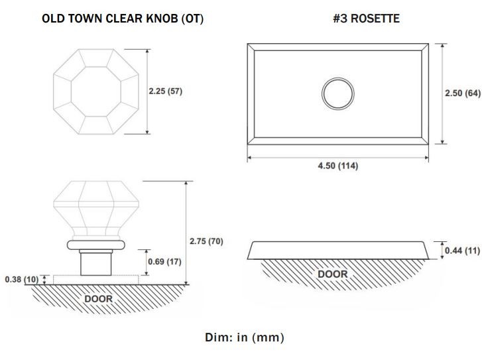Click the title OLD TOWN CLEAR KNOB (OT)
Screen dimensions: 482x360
pyautogui.click(x=123, y=19)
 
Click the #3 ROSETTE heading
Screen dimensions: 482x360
pyautogui.click(x=367, y=19)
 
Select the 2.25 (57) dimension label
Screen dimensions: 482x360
pyautogui.click(x=165, y=91)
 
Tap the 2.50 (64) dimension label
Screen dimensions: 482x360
pyautogui.click(x=463, y=93)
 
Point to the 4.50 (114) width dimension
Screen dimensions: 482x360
pyautogui.click(x=338, y=166)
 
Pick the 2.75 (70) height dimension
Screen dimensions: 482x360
pyautogui.click(x=206, y=241)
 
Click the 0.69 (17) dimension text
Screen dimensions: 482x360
pyautogui.click(x=164, y=262)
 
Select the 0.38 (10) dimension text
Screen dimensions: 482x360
pyautogui.click(x=21, y=280)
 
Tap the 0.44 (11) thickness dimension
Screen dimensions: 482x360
pyautogui.click(x=462, y=251)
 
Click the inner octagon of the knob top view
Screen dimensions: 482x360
pyautogui.click(x=96, y=91)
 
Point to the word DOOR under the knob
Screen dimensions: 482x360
pyautogui.click(x=98, y=298)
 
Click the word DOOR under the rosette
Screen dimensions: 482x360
pyautogui.click(x=333, y=274)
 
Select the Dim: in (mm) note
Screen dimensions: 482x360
pyautogui.click(x=245, y=337)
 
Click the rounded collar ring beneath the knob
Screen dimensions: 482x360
pyautogui.click(x=96, y=245)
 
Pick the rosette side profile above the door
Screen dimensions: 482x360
pyautogui.click(x=338, y=250)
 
